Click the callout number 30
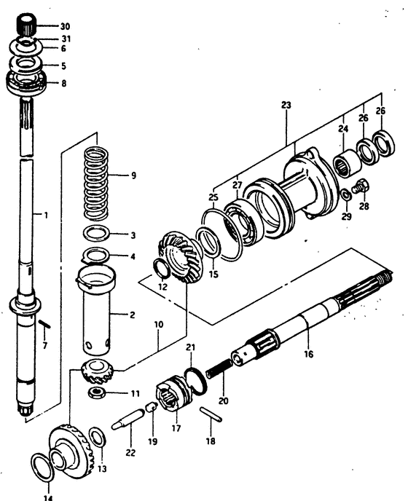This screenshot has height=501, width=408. click(x=65, y=26)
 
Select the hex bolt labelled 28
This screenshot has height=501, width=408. click(x=361, y=187)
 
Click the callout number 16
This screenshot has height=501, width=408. click(x=309, y=354)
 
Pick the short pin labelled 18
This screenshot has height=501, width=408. click(x=211, y=414)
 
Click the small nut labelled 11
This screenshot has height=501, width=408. click(x=96, y=392)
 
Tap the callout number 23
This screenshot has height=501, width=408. click(x=286, y=105)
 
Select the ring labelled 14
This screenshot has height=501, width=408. click(x=42, y=467)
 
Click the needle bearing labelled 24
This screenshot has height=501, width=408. click(x=348, y=163)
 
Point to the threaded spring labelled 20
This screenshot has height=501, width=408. click(x=219, y=368)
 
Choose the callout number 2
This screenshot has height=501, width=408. click(x=132, y=315)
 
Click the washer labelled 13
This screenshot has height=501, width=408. click(x=97, y=437)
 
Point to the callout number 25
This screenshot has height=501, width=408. click(x=213, y=197)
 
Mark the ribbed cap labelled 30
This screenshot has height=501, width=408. click(x=25, y=24)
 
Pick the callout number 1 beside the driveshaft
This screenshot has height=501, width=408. click(x=46, y=215)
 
